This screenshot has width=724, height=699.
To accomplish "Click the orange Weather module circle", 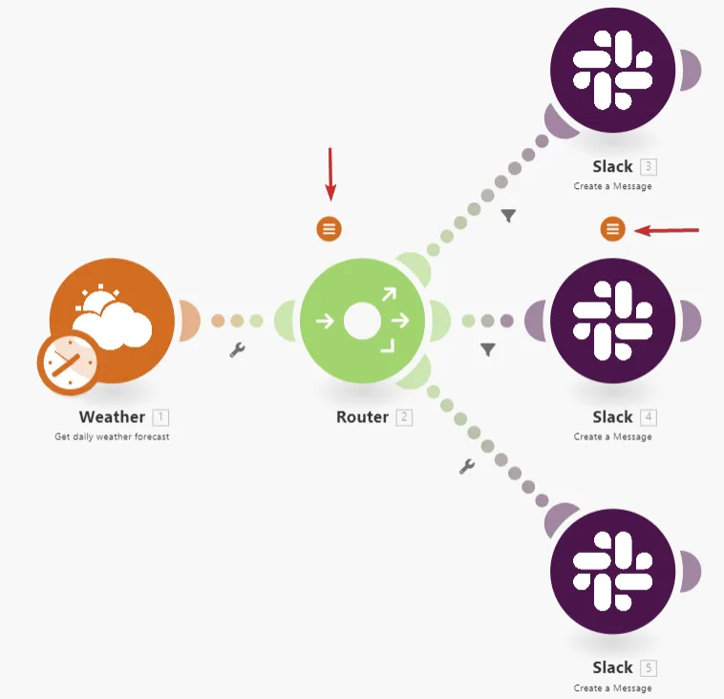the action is click(112, 321).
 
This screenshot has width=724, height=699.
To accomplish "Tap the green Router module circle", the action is click(362, 321).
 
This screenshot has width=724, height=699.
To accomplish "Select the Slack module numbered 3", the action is click(612, 70).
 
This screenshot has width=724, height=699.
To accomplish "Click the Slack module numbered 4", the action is click(612, 321).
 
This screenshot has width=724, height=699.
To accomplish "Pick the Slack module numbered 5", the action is click(612, 571).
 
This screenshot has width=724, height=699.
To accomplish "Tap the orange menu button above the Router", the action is click(330, 228).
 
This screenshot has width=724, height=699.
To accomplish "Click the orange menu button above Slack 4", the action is click(612, 228).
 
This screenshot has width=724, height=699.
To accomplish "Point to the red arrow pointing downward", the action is click(330, 175).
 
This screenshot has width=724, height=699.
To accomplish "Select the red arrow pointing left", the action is click(667, 230).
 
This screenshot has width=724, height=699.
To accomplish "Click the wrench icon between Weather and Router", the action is click(237, 349).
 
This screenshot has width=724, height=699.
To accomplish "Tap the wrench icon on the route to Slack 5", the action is click(467, 467).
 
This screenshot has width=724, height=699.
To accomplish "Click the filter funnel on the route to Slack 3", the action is click(508, 216).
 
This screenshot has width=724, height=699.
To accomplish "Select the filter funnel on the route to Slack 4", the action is click(488, 349).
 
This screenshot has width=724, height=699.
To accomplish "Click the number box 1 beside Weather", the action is click(160, 417).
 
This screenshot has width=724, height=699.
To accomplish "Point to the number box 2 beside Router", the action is click(404, 417).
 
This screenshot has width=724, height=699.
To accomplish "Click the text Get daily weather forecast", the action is click(112, 436).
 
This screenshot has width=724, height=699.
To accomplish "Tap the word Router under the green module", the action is click(362, 417).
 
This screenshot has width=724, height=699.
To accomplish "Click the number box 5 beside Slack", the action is click(649, 668).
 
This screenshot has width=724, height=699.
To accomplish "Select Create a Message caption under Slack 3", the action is click(612, 186).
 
